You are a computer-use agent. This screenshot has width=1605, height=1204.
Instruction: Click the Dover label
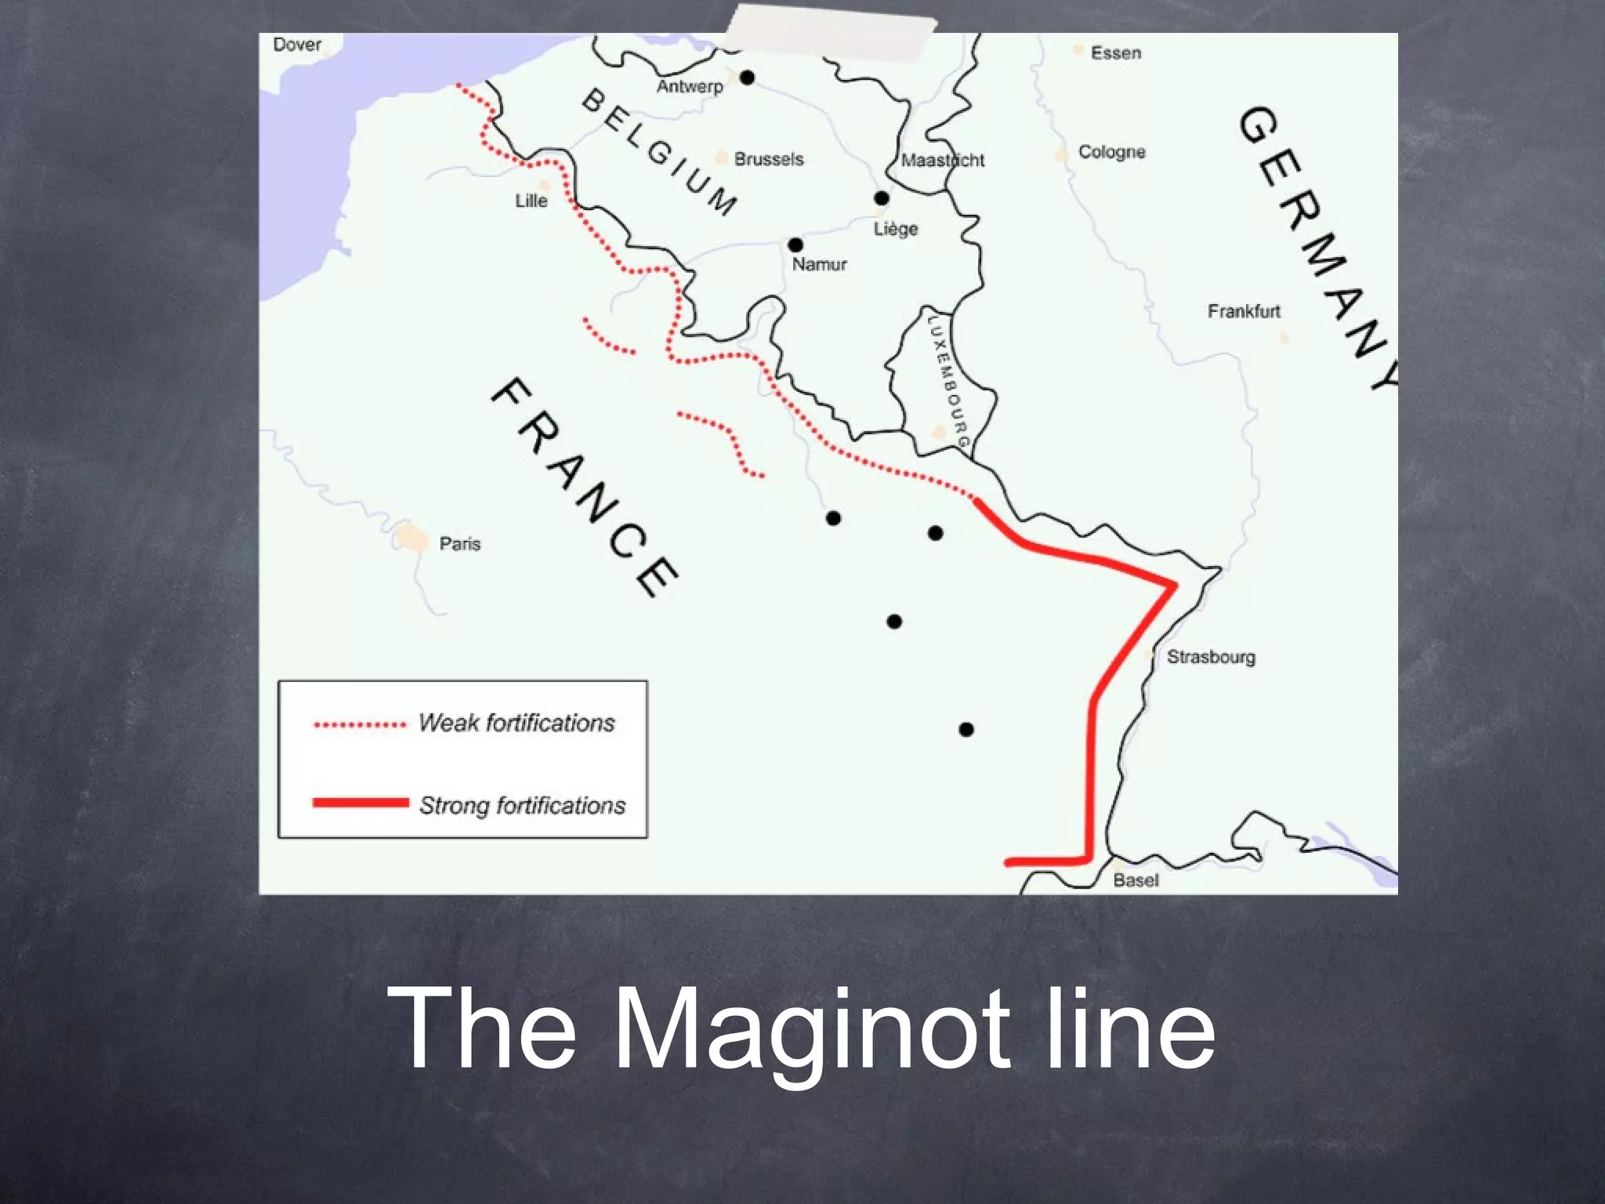[x=297, y=45]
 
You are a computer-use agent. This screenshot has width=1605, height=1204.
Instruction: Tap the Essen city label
[x=1116, y=53]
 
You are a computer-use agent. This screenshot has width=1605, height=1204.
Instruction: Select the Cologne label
[x=1111, y=152]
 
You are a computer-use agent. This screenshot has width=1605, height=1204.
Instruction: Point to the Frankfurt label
[x=1244, y=311]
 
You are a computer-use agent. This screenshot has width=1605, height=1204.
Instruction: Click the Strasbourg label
[x=1211, y=657]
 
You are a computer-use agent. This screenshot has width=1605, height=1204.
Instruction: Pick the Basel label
[x=1136, y=880]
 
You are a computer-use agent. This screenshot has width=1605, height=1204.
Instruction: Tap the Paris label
[x=460, y=544]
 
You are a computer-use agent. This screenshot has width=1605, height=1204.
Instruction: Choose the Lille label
[x=531, y=201]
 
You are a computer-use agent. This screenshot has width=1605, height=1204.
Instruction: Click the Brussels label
[x=769, y=159]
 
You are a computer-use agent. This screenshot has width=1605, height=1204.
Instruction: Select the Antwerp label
[x=690, y=86]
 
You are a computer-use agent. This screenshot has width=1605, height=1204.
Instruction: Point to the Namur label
[x=819, y=264]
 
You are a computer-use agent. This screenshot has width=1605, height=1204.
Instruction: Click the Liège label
[x=896, y=229]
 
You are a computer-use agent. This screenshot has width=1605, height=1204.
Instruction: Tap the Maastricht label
[x=943, y=161]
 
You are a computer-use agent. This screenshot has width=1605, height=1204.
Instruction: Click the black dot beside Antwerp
[x=747, y=77]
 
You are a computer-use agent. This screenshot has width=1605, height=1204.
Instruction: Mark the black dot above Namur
[x=795, y=245]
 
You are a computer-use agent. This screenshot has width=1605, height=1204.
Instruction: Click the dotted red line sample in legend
[x=360, y=725]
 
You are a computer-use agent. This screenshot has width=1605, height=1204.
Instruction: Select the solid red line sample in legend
[x=360, y=803]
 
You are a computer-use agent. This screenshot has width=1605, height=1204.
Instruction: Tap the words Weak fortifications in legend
[x=516, y=723]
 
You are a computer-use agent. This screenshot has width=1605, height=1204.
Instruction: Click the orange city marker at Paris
[x=411, y=538]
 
